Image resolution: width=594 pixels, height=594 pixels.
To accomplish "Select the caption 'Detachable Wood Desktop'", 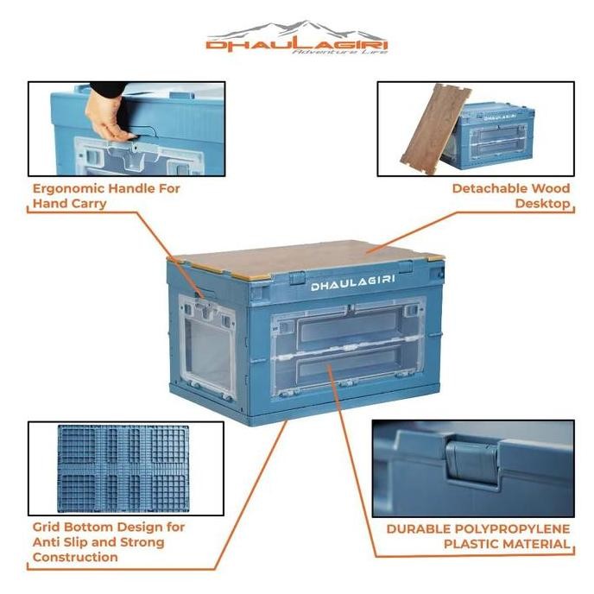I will [x=513, y=195].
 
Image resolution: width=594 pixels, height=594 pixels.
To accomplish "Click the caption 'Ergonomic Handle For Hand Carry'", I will [x=106, y=195].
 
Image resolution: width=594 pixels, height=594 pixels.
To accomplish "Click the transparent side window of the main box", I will [x=210, y=345].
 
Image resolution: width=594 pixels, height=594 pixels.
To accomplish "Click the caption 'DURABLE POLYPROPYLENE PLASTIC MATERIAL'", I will [x=477, y=535].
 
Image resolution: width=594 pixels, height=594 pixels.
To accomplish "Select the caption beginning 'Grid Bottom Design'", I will [x=108, y=541].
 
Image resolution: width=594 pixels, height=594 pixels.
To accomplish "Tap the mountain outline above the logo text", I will [x=296, y=29].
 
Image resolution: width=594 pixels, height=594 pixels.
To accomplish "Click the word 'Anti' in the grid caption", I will [x=44, y=541].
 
